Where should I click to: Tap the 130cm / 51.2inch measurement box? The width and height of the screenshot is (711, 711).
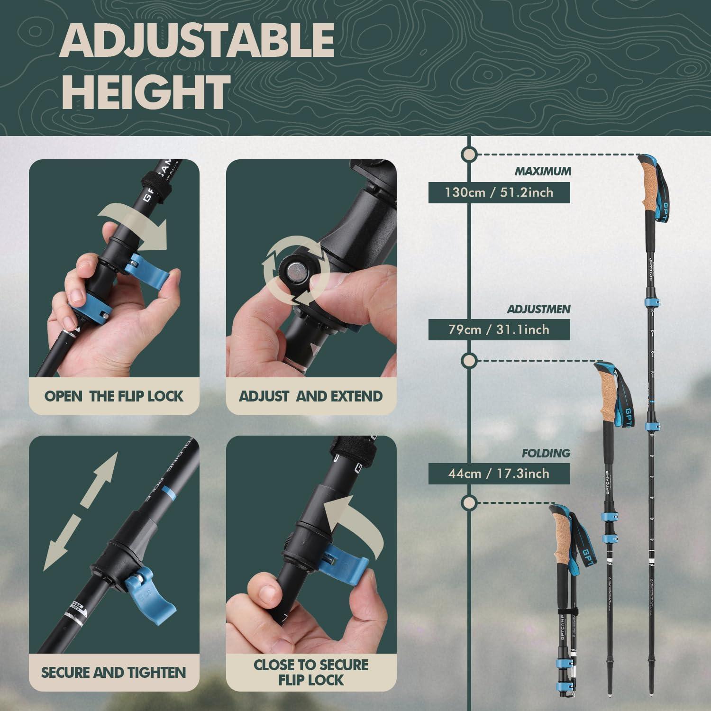pos(499,192)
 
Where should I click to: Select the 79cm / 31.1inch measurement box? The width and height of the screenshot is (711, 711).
pos(499,329)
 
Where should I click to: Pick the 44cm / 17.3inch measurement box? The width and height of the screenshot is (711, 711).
pos(499,474)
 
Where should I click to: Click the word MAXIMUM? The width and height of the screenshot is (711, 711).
pos(543,172)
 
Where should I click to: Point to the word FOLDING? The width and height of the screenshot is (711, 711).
pos(546,454)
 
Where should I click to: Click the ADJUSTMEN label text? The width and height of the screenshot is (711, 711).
pos(538,310)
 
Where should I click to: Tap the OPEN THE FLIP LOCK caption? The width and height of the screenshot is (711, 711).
pos(114,396)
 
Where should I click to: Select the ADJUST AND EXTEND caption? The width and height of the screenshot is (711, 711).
pos(311,396)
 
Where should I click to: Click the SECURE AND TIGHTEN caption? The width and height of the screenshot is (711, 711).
pos(114,672)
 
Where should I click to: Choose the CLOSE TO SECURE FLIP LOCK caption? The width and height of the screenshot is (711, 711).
pos(311,672)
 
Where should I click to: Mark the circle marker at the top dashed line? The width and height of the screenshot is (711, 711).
pos(469,155)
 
